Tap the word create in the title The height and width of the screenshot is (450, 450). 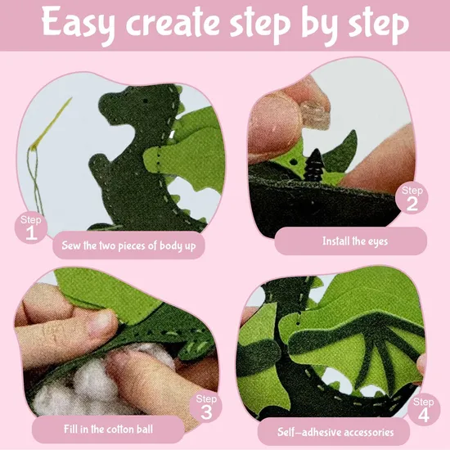(x=176, y=24)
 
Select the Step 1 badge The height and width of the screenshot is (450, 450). (x=31, y=228)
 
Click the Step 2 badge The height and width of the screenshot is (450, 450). (x=412, y=198)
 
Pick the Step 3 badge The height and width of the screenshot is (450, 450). (x=206, y=407)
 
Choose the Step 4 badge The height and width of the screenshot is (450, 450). (x=424, y=410)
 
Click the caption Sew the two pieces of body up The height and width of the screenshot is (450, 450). (x=128, y=246)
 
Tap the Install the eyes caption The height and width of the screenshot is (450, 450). (x=355, y=241)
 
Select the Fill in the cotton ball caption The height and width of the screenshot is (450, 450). (x=108, y=430)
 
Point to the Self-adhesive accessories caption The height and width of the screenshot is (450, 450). (x=335, y=432)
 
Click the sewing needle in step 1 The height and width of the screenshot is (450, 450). (x=52, y=124)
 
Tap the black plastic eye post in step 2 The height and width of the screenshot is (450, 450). (x=314, y=165)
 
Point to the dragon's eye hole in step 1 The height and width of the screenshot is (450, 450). (x=145, y=101)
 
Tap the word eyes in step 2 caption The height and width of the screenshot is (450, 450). (x=378, y=242)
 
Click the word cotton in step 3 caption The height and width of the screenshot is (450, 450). (x=119, y=430)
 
